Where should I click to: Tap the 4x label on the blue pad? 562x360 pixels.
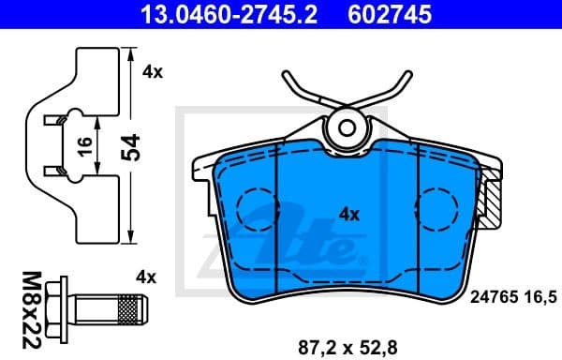coord(348,214)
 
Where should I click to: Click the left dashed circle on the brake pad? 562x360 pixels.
coord(260,208)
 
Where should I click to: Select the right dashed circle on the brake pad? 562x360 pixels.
coord(436,208)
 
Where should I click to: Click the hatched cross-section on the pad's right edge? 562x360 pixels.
coord(491,202)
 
